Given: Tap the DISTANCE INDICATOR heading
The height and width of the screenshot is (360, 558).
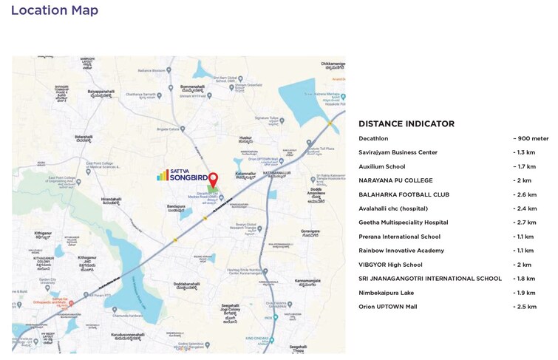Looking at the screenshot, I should [406, 123].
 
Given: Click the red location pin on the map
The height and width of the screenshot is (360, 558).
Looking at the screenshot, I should [213, 180].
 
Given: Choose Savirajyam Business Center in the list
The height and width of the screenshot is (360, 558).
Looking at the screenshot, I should [398, 152].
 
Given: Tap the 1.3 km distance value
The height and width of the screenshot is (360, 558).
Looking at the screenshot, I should [524, 152].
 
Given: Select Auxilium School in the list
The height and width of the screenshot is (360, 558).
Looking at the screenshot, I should [381, 166].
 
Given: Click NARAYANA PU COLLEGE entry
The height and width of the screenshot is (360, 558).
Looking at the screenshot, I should [395, 180].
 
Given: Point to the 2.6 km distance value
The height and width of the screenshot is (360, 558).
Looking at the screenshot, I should [524, 194].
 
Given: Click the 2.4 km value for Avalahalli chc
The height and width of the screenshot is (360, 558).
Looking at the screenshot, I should [524, 208].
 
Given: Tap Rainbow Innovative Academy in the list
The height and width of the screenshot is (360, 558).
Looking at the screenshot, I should [401, 251].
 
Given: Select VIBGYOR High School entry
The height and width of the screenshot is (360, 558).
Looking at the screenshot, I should [390, 265].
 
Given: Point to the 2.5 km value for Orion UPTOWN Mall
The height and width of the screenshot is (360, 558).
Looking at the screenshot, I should [524, 307].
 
